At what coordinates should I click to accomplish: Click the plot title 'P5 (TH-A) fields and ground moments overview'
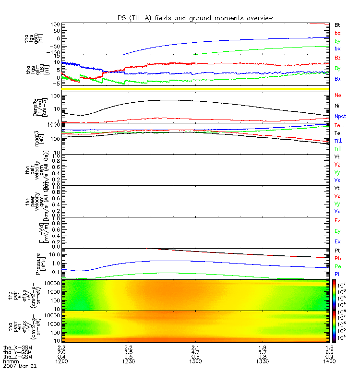pyautogui.click(x=192, y=18)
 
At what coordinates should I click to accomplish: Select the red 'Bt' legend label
pyautogui.click(x=337, y=24)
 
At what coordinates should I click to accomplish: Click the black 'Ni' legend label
pyautogui.click(x=337, y=106)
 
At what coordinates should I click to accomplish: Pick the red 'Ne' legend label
pyautogui.click(x=337, y=95)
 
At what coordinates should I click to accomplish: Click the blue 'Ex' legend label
pyautogui.click(x=337, y=241)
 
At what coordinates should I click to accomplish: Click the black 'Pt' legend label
pyautogui.click(x=337, y=251)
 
